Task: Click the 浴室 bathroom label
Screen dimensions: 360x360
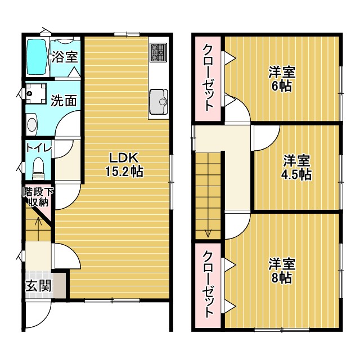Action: (x=65, y=57)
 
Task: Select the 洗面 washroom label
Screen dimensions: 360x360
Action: (x=64, y=101)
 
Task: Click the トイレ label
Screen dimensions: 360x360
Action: (x=38, y=147)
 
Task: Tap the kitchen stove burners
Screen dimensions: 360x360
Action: (x=157, y=53)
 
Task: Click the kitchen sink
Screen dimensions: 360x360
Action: (x=158, y=102)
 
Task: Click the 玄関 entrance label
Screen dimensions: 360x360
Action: (x=38, y=286)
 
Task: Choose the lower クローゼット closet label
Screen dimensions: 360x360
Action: (x=209, y=285)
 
